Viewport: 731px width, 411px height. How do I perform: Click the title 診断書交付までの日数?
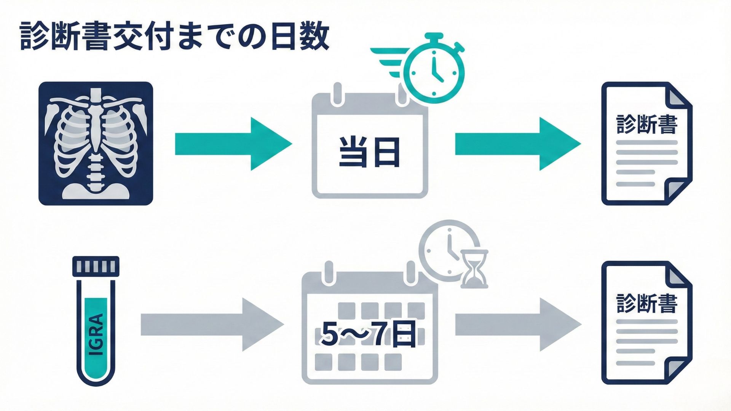coord(174,37)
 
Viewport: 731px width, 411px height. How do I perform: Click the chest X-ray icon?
coord(96,143)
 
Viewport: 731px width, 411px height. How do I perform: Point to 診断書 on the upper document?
coord(647,124)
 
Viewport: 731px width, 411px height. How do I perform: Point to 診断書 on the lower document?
coord(647,303)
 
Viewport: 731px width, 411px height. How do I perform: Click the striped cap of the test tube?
coord(96,266)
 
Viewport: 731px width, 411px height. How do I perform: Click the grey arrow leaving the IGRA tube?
coord(212,325)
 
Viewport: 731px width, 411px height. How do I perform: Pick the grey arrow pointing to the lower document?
coord(518,325)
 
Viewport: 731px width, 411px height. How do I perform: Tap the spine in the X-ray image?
coord(95,160)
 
